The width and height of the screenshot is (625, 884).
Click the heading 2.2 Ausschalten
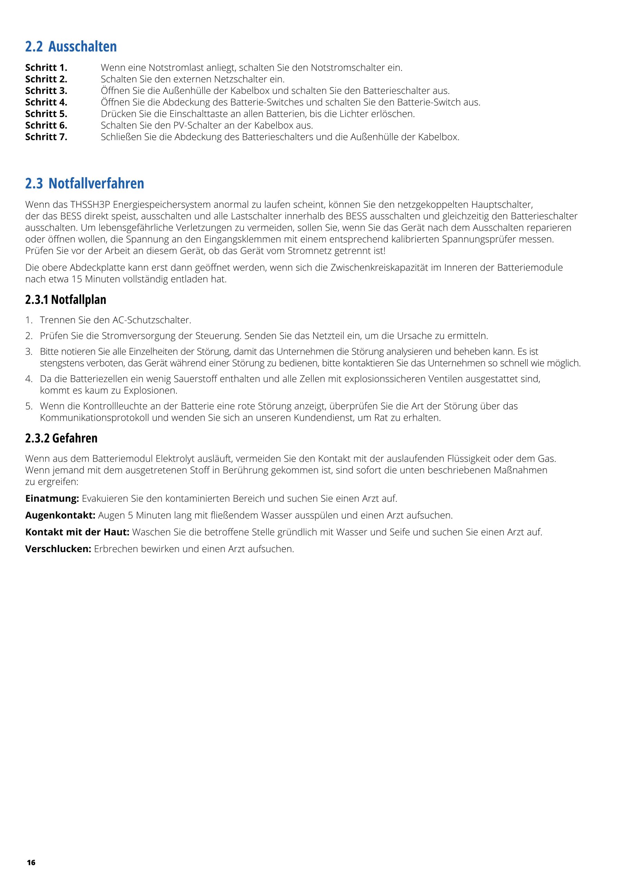[71, 47]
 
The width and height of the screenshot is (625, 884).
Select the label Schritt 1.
[46, 68]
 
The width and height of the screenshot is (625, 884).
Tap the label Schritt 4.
[46, 103]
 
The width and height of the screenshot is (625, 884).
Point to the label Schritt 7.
[46, 137]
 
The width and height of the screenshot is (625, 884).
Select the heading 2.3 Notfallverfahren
[84, 184]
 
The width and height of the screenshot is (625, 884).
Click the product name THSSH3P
[90, 204]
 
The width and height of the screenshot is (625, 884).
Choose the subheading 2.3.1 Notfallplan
[66, 299]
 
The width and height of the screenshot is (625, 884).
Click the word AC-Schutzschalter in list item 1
[151, 320]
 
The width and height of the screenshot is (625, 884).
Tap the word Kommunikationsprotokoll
[94, 418]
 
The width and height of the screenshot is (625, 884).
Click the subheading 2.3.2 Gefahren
[61, 438]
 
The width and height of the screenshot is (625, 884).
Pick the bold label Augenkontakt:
[60, 515]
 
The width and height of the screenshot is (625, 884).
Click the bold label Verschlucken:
[58, 549]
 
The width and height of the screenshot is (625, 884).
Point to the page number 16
[31, 863]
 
